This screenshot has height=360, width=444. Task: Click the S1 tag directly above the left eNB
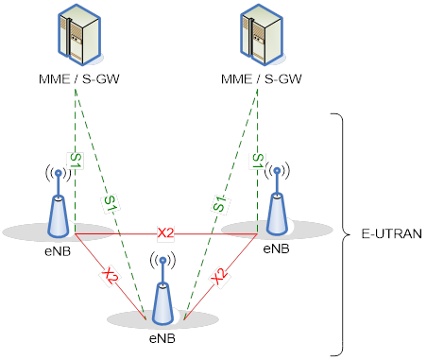[x=75, y=162]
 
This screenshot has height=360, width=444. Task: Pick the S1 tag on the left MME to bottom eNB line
[x=111, y=201]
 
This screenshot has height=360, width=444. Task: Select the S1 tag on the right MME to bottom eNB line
[x=219, y=201]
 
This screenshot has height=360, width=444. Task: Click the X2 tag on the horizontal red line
[x=166, y=232]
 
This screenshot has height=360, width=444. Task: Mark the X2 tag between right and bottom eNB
[x=219, y=276]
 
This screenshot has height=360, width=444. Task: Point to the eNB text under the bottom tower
[x=162, y=335]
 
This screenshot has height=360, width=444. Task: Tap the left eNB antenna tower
[x=58, y=203]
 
